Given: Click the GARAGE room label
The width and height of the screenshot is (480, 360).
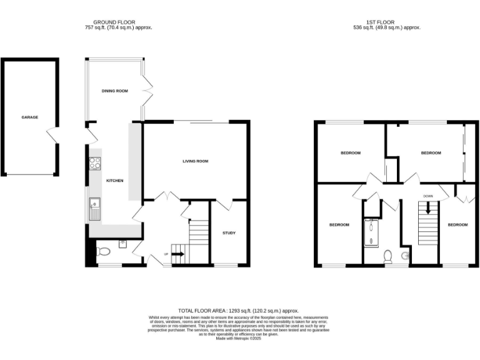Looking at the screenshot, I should coord(29,117).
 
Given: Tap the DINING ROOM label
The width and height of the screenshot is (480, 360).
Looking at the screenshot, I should coord(114,91).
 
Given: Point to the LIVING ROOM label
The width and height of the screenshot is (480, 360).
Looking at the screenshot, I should coord(195,161).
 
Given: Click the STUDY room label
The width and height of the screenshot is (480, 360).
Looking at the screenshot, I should coord(229,233).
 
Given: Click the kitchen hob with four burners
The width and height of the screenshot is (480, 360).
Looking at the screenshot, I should coord(96,163).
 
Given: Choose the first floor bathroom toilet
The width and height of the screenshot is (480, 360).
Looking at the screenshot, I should coord(387,256).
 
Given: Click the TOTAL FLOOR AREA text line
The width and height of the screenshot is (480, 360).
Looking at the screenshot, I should coord(238,311).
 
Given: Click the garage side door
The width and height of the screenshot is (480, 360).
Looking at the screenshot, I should coord(54,135).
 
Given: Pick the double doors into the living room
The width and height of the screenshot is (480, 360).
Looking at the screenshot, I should coord(164,196).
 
